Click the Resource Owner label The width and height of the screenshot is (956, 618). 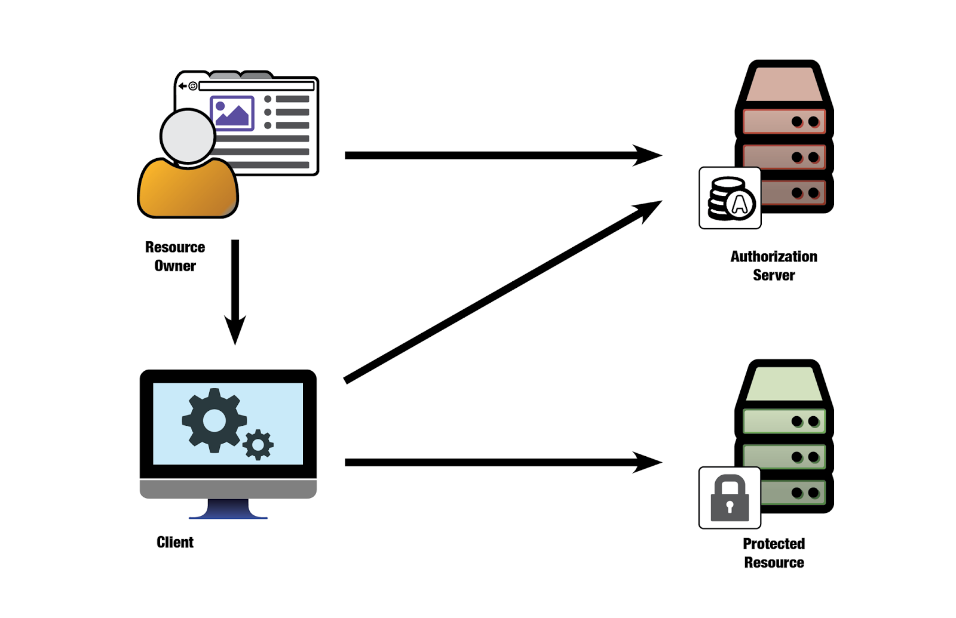tap(175, 256)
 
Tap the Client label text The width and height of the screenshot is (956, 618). tap(175, 542)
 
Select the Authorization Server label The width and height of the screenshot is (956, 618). tap(774, 266)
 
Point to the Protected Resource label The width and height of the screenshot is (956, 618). tap(774, 553)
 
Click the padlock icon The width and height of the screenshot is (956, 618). tap(730, 498)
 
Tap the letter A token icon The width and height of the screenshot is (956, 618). tap(740, 204)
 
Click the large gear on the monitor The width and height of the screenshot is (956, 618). tap(214, 420)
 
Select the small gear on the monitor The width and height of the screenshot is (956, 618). tap(258, 444)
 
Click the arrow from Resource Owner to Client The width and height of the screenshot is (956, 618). tap(235, 293)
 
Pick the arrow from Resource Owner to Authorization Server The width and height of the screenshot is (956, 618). tap(502, 155)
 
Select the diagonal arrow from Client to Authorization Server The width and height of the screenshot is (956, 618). tap(502, 291)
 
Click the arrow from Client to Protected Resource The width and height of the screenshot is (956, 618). tap(502, 462)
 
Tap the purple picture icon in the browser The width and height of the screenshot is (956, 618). tap(232, 113)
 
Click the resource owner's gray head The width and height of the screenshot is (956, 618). tap(188, 136)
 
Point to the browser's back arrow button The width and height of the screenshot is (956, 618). tap(182, 86)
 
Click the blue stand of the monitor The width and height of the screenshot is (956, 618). tap(228, 509)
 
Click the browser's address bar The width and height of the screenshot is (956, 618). tap(256, 86)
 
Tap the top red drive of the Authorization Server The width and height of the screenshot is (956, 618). tap(783, 122)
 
